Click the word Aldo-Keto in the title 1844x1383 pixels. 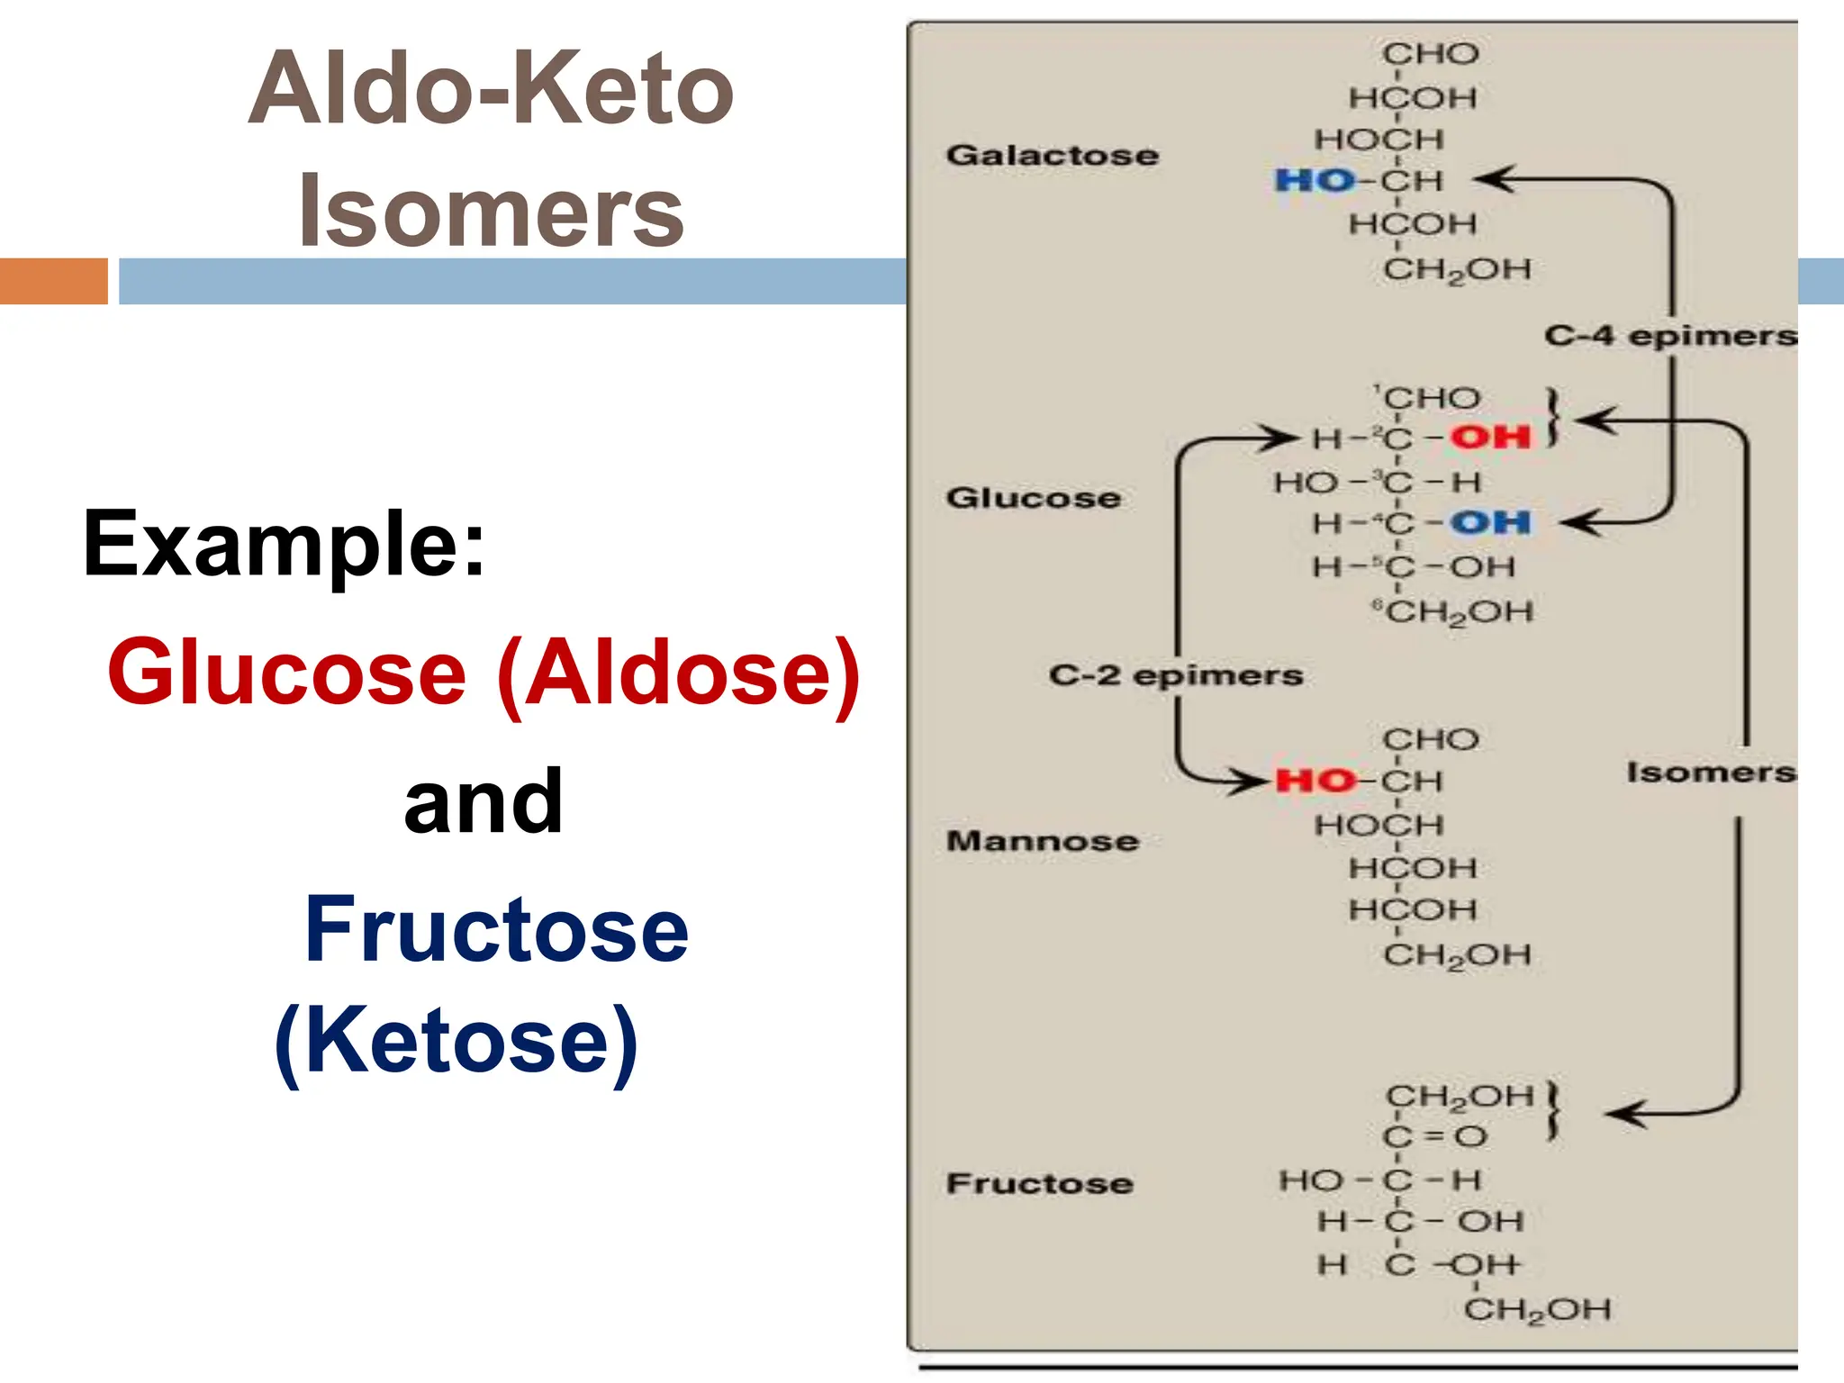click(x=491, y=90)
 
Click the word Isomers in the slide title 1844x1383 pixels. click(x=491, y=212)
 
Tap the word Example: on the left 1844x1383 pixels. click(x=284, y=544)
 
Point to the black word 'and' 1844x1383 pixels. click(x=484, y=801)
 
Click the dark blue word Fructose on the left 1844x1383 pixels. click(x=496, y=929)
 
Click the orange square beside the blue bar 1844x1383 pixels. click(x=54, y=281)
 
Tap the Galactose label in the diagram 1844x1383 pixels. click(x=1052, y=155)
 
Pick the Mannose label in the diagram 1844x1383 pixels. click(x=1043, y=841)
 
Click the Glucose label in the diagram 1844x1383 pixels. click(x=1034, y=498)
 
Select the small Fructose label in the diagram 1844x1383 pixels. click(x=1040, y=1183)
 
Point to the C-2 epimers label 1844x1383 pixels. click(x=1176, y=675)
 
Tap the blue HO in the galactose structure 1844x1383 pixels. click(x=1315, y=181)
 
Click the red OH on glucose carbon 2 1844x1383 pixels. click(x=1490, y=438)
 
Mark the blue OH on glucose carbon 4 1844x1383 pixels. click(x=1491, y=522)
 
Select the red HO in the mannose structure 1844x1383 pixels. click(x=1315, y=781)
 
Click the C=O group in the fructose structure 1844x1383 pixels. click(x=1434, y=1136)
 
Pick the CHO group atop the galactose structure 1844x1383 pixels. click(x=1431, y=54)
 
